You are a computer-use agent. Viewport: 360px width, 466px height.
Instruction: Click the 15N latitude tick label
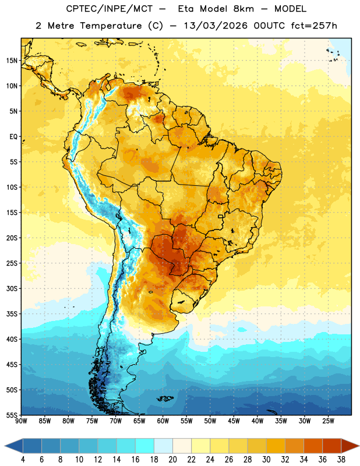12,61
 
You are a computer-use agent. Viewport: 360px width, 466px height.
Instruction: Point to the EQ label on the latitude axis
13,137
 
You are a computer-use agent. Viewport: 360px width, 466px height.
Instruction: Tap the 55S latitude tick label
12,415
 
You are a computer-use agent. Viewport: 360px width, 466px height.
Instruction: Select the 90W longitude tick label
21,421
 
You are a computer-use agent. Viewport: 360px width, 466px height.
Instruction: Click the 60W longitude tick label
163,421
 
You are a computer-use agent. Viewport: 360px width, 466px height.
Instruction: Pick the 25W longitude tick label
328,421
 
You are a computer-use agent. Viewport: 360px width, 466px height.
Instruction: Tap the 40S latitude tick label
12,339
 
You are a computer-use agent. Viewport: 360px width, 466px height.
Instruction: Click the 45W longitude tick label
234,421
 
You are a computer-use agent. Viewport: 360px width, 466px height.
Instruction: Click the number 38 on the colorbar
341,460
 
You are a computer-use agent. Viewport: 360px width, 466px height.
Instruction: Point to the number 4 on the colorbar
23,460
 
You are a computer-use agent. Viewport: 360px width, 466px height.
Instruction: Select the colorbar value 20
172,460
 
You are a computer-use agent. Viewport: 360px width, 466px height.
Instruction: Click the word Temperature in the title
111,26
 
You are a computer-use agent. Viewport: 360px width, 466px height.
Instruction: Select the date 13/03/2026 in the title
216,26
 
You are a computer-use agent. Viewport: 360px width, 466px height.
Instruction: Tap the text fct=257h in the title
314,26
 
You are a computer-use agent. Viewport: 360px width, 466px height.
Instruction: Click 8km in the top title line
243,9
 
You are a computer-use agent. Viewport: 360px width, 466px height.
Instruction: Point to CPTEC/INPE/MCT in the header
110,9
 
